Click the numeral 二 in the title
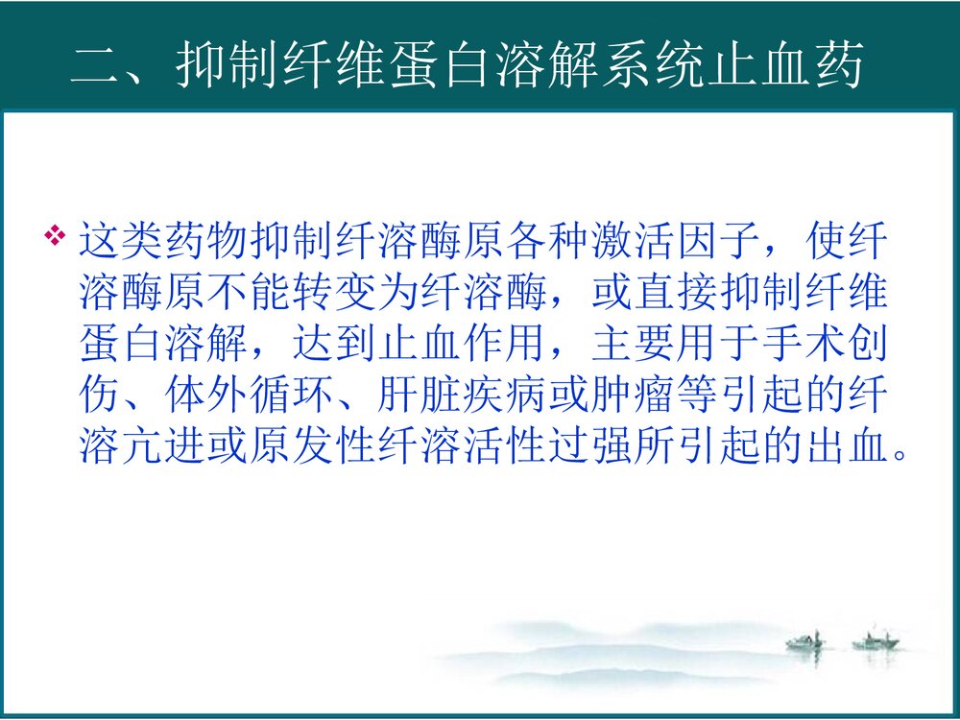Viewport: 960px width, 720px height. point(95,68)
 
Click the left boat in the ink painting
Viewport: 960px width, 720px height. point(804,640)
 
